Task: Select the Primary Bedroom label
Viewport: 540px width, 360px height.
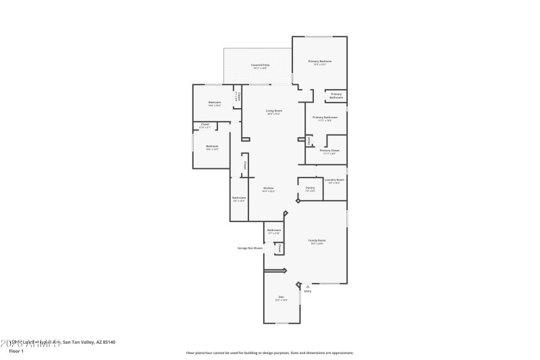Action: pyautogui.click(x=320, y=61)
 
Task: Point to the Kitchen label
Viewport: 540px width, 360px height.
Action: pyautogui.click(x=268, y=188)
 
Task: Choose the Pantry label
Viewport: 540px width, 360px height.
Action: pyautogui.click(x=310, y=188)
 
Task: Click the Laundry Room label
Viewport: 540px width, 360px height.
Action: pyautogui.click(x=335, y=180)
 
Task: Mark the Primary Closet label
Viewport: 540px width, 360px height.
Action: pyautogui.click(x=330, y=151)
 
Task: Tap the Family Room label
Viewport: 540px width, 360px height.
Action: pyautogui.click(x=317, y=240)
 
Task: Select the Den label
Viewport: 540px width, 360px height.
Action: pyautogui.click(x=281, y=297)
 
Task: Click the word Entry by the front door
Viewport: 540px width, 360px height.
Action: pyautogui.click(x=308, y=291)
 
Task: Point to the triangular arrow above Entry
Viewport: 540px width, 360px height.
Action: pyautogui.click(x=308, y=286)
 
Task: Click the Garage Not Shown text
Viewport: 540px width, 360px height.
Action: pyautogui.click(x=250, y=248)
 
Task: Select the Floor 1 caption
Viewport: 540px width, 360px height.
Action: pyautogui.click(x=16, y=351)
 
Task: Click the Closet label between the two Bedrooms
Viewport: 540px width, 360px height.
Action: pyautogui.click(x=205, y=124)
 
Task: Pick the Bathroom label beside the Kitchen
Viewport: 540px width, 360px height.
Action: pyautogui.click(x=239, y=198)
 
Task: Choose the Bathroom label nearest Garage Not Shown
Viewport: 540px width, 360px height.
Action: pyautogui.click(x=274, y=230)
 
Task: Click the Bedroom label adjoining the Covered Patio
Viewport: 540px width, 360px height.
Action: pyautogui.click(x=215, y=102)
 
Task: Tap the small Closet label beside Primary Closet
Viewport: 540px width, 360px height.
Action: pyautogui.click(x=309, y=140)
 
